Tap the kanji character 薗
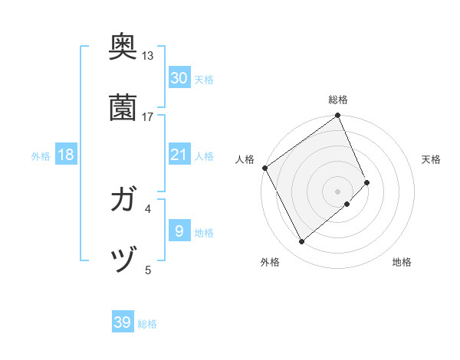(123, 109)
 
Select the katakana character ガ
(123, 201)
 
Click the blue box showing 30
(179, 77)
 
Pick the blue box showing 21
(179, 155)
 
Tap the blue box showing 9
(179, 231)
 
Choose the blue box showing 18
(66, 155)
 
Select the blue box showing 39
(123, 322)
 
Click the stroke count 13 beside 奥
(148, 56)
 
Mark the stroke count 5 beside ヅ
(148, 269)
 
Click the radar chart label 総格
(338, 100)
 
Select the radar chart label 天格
(432, 159)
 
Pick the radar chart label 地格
(402, 262)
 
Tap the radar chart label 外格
(270, 262)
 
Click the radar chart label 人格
(245, 159)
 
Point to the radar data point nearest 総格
(338, 116)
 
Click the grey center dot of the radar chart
(338, 190)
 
